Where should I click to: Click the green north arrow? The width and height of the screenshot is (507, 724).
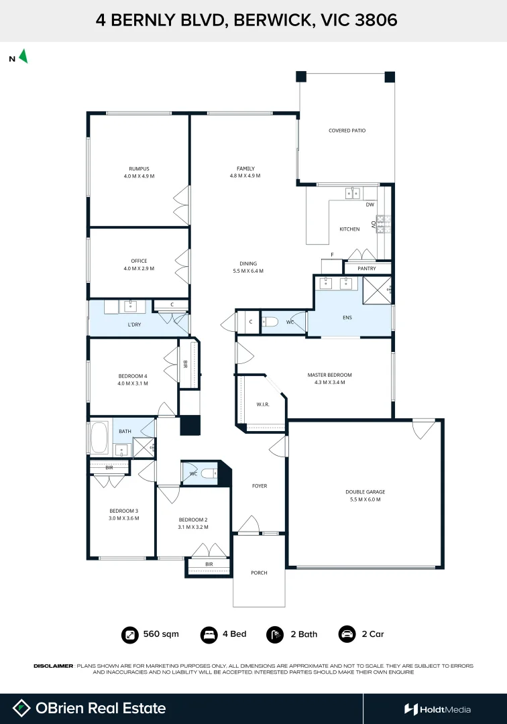point(23,56)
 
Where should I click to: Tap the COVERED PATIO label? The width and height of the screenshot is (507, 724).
point(347,131)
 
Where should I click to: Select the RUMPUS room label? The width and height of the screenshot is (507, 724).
point(139,168)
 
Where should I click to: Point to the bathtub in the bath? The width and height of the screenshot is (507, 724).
point(99,437)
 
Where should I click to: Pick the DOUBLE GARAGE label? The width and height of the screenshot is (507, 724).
point(365,492)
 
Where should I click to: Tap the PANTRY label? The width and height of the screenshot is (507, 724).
point(367,268)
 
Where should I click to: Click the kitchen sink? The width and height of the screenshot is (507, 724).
point(353,192)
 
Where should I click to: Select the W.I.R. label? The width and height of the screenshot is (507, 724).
point(263,404)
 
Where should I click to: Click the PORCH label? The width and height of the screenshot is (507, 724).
point(259,572)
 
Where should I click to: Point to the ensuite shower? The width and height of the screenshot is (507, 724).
point(377,290)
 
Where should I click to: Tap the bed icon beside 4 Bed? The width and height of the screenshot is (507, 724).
point(209,634)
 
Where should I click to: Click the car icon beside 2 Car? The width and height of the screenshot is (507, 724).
point(347,634)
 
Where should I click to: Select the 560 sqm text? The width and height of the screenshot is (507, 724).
point(161,634)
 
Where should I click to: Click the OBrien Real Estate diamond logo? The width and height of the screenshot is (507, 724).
point(21,709)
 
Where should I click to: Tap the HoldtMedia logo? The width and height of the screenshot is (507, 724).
point(437,709)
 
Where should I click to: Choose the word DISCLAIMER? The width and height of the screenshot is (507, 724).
point(53,666)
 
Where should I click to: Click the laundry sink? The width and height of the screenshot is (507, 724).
point(130,306)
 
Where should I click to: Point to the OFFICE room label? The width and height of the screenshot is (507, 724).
point(139,261)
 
